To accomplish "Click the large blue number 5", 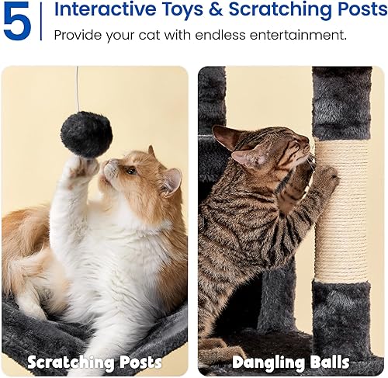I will tap(17, 23).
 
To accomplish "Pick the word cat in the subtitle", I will tap(158, 36).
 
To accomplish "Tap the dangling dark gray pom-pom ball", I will tap(86, 134).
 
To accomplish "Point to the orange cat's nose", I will tap(109, 165).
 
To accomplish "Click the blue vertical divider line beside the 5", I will tap(43, 23).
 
